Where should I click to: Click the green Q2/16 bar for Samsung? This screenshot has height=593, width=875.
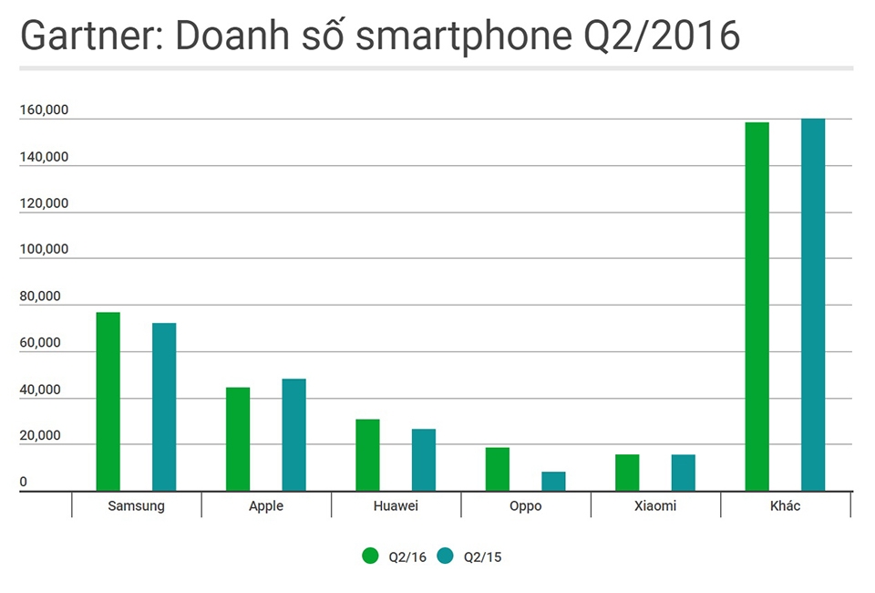pyautogui.click(x=108, y=401)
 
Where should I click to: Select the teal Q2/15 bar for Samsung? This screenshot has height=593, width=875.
pyautogui.click(x=164, y=407)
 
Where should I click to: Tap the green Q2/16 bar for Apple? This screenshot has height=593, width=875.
pyautogui.click(x=238, y=439)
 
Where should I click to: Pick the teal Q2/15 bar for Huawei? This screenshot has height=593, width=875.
pyautogui.click(x=424, y=460)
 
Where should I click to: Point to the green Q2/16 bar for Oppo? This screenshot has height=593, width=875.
pyautogui.click(x=498, y=469)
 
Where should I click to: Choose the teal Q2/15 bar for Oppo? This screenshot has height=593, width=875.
pyautogui.click(x=553, y=481)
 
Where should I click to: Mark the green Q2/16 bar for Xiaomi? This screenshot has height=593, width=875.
pyautogui.click(x=627, y=473)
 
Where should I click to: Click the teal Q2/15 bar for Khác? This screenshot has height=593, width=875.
pyautogui.click(x=813, y=305)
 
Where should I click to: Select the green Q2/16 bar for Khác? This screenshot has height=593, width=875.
pyautogui.click(x=757, y=307)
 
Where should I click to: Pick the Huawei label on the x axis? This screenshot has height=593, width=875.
pyautogui.click(x=396, y=505)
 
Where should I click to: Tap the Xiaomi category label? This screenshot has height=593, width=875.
pyautogui.click(x=655, y=505)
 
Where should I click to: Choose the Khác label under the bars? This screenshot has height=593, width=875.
pyautogui.click(x=785, y=505)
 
